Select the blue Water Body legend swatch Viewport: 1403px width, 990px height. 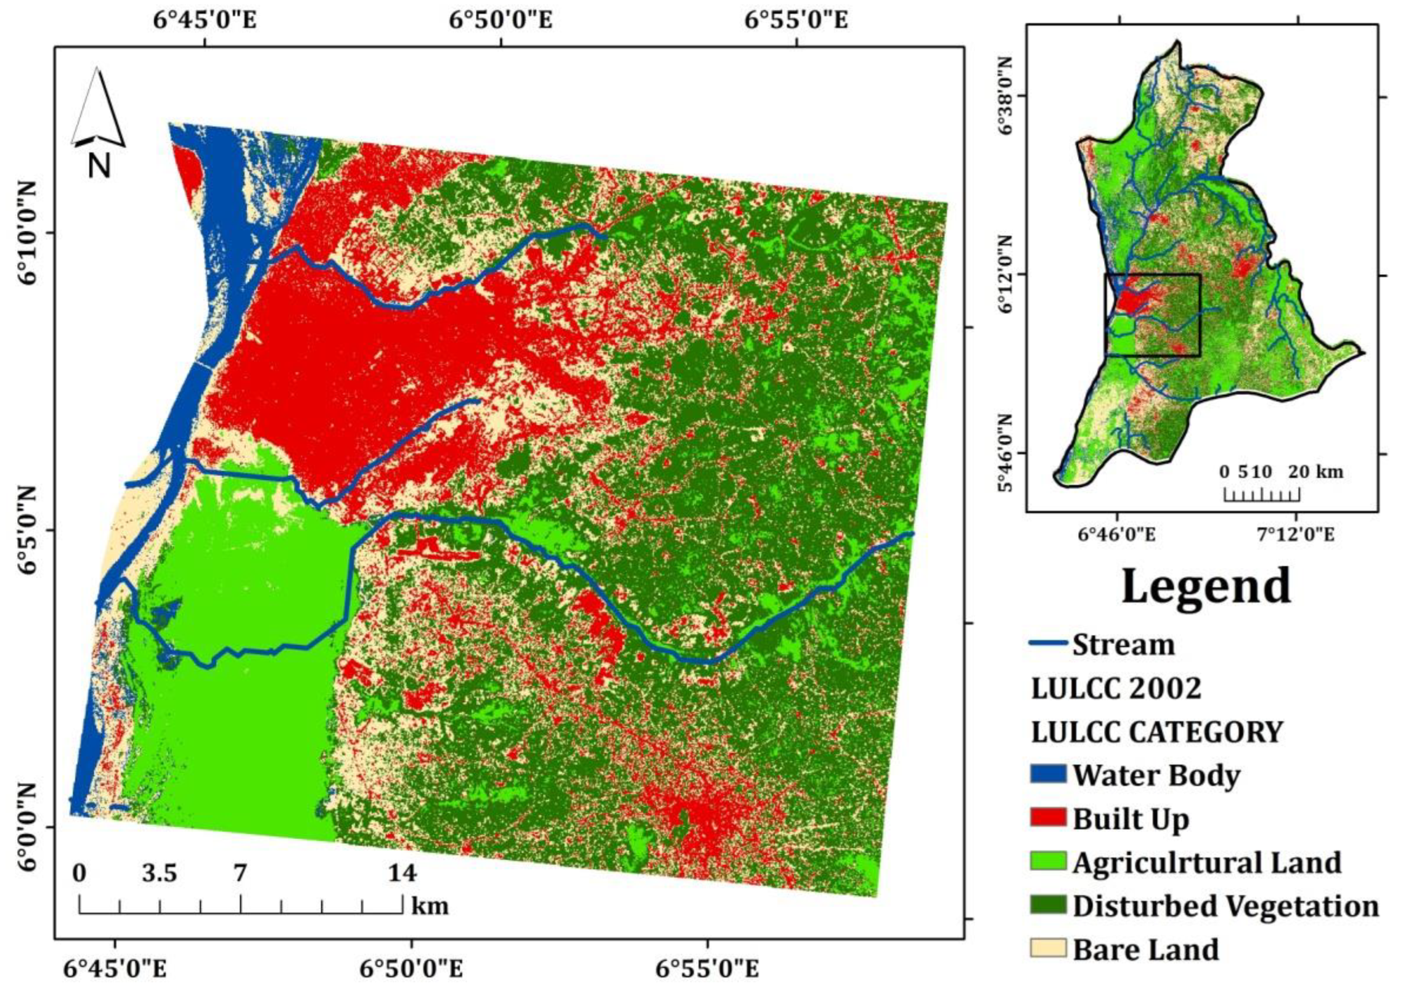1048,774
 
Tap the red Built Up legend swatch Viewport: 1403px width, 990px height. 1048,818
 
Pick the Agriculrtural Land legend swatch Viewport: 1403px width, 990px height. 1048,861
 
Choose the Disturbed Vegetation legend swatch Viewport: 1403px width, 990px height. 1048,905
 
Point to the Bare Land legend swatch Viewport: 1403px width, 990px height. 1048,948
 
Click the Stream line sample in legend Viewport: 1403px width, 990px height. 1048,644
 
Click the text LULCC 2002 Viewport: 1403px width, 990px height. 1116,688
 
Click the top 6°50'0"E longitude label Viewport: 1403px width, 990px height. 500,20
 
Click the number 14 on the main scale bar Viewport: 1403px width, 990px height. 402,873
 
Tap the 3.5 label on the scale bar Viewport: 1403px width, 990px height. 159,873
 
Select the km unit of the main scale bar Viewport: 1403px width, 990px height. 430,906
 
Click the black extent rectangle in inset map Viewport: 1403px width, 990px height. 1152,315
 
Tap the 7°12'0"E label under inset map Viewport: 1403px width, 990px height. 1299,534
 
